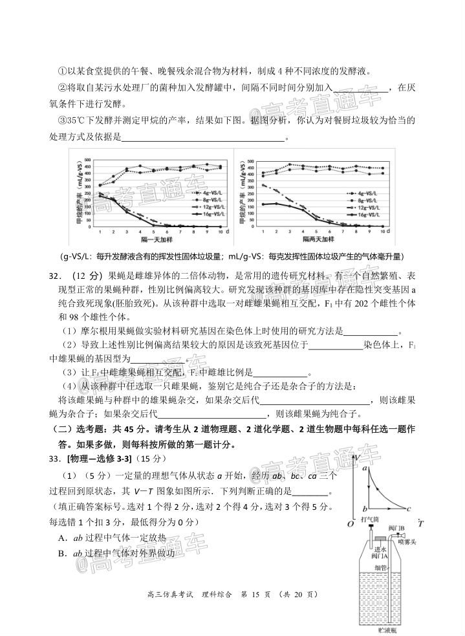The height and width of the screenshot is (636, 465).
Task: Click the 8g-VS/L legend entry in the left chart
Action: tap(201, 201)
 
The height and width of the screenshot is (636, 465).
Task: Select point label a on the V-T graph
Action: tap(366, 467)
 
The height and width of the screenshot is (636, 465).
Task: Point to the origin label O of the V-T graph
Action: tap(350, 523)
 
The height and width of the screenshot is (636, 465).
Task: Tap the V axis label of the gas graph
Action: tap(357, 458)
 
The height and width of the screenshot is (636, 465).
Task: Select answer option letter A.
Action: tap(61, 538)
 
